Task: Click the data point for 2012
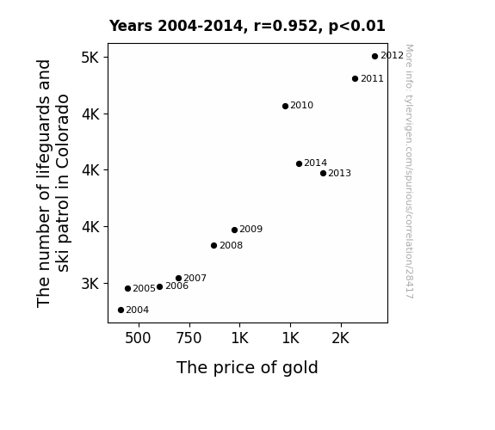click(374, 57)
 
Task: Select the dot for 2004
click(121, 310)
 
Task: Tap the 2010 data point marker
click(285, 107)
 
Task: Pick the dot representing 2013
click(323, 173)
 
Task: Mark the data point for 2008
click(213, 245)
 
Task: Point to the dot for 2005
click(127, 288)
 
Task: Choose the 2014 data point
click(299, 163)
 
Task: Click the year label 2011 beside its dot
click(372, 78)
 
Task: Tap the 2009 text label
click(251, 229)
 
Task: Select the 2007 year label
click(195, 278)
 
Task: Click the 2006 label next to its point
click(176, 286)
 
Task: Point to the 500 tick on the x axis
click(138, 338)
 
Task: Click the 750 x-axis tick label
click(189, 338)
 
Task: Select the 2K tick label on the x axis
click(341, 338)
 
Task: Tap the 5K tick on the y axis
click(90, 58)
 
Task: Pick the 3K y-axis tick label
click(90, 284)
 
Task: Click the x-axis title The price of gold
click(247, 368)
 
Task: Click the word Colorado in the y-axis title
click(63, 132)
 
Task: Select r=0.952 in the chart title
click(286, 26)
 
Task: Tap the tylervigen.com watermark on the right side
click(409, 171)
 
